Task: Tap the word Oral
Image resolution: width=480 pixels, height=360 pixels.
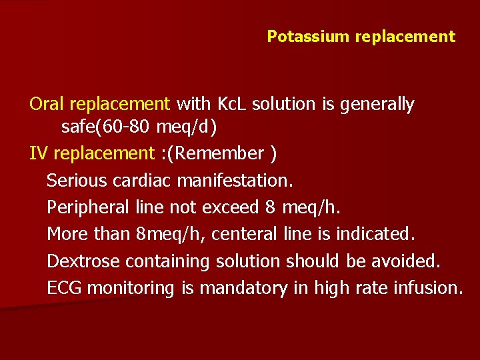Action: click(x=47, y=105)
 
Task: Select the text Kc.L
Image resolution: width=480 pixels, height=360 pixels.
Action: click(x=233, y=105)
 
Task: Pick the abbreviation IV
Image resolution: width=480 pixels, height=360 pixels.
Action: click(x=38, y=154)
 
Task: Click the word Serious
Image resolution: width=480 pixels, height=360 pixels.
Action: click(x=75, y=180)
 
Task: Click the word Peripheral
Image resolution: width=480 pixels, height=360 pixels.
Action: click(x=88, y=207)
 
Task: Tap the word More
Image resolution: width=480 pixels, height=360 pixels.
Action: click(x=67, y=234)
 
